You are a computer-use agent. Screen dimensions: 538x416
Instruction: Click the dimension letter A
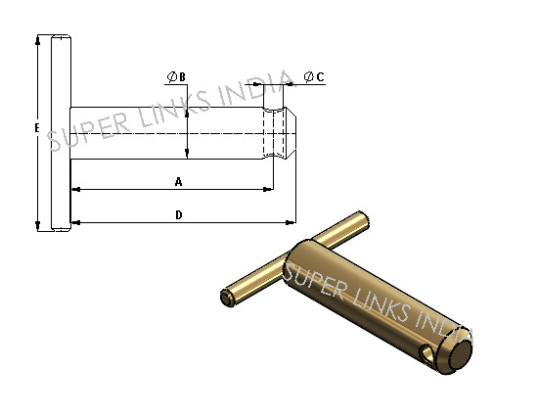[x=178, y=181]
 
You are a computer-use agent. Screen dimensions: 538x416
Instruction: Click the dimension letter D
[x=179, y=215]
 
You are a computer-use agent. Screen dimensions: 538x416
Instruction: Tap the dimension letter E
[x=37, y=127]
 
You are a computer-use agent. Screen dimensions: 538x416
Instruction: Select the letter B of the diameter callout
[x=182, y=77]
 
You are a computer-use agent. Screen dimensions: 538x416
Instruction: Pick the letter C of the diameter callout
[x=320, y=76]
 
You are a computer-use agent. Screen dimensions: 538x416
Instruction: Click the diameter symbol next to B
[x=172, y=76]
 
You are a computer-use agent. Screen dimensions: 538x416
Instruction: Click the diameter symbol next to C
[x=309, y=76]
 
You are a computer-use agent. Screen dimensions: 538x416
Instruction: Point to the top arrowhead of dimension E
[x=38, y=40]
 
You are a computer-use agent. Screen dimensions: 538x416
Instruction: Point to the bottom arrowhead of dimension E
[x=38, y=226]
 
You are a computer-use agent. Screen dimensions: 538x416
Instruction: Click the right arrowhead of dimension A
[x=268, y=189]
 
